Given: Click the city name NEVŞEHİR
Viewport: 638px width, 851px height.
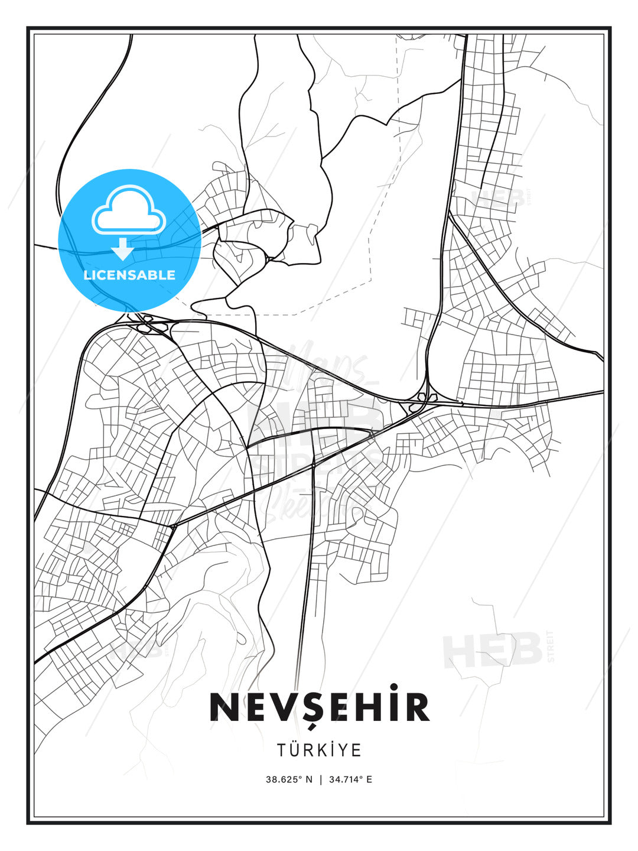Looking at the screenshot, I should (x=319, y=707).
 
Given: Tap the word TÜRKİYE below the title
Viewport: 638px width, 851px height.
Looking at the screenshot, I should (x=319, y=750).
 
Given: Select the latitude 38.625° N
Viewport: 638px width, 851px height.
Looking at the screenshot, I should (x=289, y=779).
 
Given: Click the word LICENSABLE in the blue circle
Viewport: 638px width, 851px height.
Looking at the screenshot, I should (x=129, y=275).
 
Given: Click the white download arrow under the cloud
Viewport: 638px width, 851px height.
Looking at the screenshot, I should (x=123, y=249).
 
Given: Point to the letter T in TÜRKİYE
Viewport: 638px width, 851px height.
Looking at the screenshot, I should (x=282, y=750).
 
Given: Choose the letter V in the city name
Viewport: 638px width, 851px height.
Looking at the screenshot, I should (x=282, y=707).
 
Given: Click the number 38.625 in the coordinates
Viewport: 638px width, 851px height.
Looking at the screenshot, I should (x=282, y=779).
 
